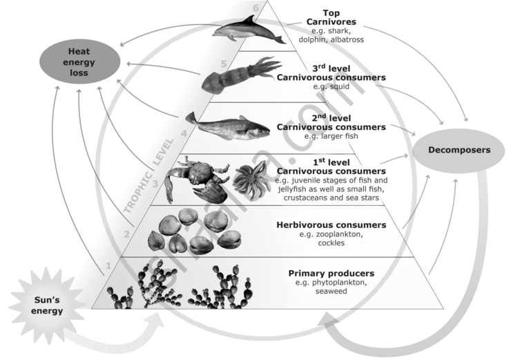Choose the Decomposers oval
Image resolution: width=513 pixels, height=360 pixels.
click(x=458, y=150)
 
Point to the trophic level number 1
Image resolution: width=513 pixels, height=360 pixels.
click(x=108, y=265)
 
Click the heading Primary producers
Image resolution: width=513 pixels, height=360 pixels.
click(x=331, y=273)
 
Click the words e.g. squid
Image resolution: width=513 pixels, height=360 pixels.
click(x=330, y=87)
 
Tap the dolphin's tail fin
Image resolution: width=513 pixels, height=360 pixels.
click(x=278, y=37)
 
